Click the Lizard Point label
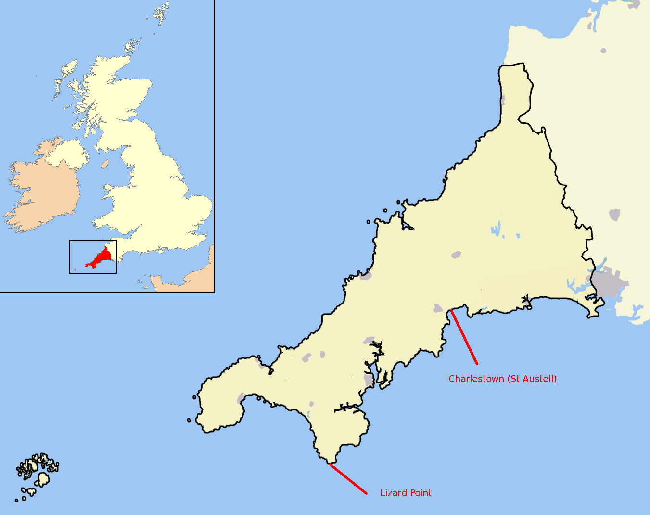(x=406, y=493)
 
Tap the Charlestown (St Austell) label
(x=502, y=379)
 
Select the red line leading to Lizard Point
(x=348, y=479)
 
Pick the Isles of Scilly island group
(x=38, y=475)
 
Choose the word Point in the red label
(x=420, y=493)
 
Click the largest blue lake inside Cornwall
(x=496, y=228)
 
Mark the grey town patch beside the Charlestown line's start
(x=438, y=308)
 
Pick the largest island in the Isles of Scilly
(x=43, y=479)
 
